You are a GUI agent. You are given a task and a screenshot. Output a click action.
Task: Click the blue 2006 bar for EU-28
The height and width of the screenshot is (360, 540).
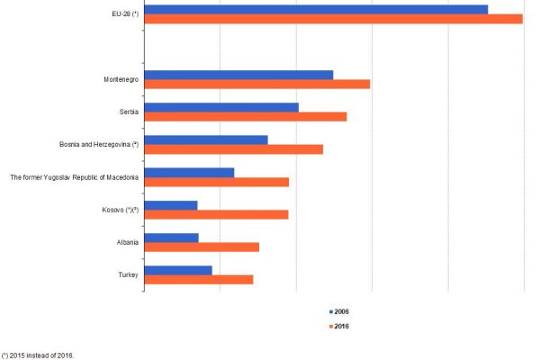tap(315, 9)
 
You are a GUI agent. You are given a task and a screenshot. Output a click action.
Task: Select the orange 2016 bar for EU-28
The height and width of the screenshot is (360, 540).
tap(333, 19)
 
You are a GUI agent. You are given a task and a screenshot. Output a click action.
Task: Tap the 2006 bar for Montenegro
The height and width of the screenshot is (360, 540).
tap(238, 75)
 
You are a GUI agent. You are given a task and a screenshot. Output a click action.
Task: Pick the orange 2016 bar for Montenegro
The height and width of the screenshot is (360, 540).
tap(256, 85)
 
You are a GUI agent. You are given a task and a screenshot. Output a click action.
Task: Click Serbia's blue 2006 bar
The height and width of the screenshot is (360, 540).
tap(220, 107)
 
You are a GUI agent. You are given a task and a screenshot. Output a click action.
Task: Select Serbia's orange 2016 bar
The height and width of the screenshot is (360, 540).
tap(245, 117)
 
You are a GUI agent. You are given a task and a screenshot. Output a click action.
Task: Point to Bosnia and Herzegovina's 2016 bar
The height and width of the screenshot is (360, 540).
tap(233, 149)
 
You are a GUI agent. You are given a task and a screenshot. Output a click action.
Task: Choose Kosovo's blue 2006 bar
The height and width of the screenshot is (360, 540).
tap(170, 205)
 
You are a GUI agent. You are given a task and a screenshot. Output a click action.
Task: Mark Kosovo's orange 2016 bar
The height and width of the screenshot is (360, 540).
tap(216, 214)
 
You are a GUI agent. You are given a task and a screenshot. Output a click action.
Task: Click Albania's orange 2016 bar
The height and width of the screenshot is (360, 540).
tap(202, 247)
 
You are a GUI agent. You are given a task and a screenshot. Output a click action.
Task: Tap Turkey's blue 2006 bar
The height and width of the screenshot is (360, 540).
tap(177, 270)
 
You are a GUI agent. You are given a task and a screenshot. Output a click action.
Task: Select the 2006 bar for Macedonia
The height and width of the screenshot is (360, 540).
tap(189, 172)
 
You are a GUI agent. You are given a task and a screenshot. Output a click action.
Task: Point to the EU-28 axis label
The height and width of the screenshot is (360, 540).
tap(119, 14)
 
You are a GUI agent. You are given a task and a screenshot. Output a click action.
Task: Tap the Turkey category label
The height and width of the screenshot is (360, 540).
tap(127, 274)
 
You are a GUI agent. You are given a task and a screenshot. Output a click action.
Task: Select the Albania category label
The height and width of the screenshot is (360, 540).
tap(125, 242)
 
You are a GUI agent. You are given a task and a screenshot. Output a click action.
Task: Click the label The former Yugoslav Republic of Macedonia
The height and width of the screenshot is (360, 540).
tap(74, 177)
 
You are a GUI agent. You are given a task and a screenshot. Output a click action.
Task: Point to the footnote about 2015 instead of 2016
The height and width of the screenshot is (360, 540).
tap(38, 355)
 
